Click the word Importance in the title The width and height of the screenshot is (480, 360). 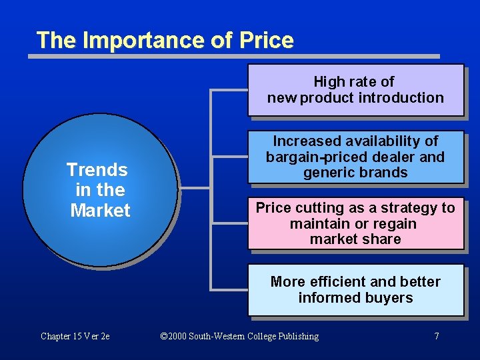coord(141,40)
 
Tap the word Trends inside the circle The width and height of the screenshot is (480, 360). coord(97,169)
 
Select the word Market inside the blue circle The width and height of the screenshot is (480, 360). coord(100,211)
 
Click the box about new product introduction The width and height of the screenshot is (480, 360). coord(355,90)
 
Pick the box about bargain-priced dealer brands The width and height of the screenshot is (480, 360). coord(355,157)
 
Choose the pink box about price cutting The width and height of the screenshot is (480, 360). coord(355,223)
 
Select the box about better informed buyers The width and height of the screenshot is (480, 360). coord(355,290)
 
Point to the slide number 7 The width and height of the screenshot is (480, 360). coord(437,336)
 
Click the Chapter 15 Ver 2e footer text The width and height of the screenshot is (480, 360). coord(75,336)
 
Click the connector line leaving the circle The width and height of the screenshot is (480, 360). coord(195,188)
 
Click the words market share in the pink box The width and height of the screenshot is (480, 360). coord(355,239)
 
